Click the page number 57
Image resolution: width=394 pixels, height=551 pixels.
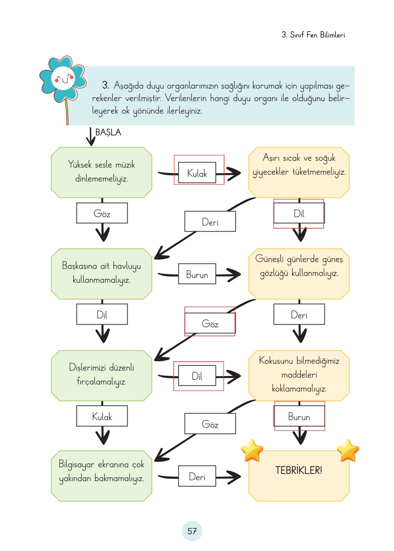[x=192, y=531]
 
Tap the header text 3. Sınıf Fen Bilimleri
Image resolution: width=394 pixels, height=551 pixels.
[x=313, y=35]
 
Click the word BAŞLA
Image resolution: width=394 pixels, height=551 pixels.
[x=108, y=132]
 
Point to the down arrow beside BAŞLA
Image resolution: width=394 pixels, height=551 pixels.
[x=90, y=137]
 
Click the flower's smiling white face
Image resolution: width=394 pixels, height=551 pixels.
[x=63, y=78]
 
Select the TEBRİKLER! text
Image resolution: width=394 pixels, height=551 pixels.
[x=298, y=470]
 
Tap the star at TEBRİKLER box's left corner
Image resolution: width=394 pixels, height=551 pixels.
[x=252, y=450]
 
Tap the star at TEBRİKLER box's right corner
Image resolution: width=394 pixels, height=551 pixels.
[x=348, y=450]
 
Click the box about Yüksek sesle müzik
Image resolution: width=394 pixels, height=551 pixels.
[x=102, y=173]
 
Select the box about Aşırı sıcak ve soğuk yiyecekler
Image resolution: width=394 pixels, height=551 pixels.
[x=299, y=173]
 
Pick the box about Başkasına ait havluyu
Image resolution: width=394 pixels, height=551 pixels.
[x=102, y=274]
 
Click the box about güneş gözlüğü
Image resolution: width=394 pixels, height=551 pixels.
[x=299, y=274]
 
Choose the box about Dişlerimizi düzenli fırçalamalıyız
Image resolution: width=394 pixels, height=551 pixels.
[x=102, y=375]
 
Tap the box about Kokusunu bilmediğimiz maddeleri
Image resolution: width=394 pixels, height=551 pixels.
[x=299, y=375]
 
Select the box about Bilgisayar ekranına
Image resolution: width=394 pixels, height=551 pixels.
[x=102, y=476]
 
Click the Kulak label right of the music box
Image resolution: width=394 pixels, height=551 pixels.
[x=197, y=173]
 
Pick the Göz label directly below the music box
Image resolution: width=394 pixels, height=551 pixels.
[x=102, y=213]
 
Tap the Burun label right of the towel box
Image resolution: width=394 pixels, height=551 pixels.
[x=197, y=274]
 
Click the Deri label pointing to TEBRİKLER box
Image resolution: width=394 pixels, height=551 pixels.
[x=197, y=476]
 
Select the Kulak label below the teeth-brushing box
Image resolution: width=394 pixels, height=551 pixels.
[x=102, y=416]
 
